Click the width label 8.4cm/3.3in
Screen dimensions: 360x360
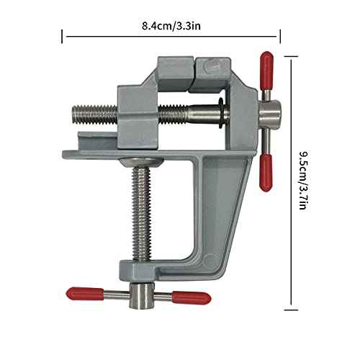(x=171, y=27)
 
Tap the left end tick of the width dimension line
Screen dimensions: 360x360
(x=63, y=36)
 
